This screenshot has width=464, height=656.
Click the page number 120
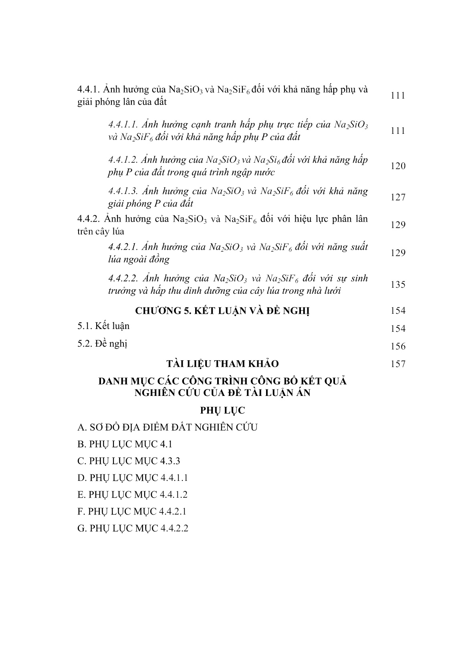pos(398,166)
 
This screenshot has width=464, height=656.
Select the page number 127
pos(398,197)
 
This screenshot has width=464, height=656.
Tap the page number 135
pos(398,285)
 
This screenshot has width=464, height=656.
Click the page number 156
pos(398,346)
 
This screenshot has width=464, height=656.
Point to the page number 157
pos(398,364)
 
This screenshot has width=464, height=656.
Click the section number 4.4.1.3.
pos(122,191)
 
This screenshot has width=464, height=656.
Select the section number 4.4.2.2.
pos(122,279)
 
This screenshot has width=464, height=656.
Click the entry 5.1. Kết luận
pos(103,326)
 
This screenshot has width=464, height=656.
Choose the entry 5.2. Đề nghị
pos(102,344)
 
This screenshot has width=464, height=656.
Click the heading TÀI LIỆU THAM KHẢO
pos(222,364)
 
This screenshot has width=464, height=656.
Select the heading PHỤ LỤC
pos(222,411)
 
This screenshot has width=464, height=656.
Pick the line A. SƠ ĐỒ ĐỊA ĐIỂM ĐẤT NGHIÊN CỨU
pos(167,427)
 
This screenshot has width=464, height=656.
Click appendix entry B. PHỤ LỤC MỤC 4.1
pos(125,444)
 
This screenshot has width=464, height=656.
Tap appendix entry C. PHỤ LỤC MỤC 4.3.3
pos(129,461)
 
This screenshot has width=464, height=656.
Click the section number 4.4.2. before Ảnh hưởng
pos(89,219)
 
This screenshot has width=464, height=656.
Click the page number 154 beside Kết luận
pos(398,329)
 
